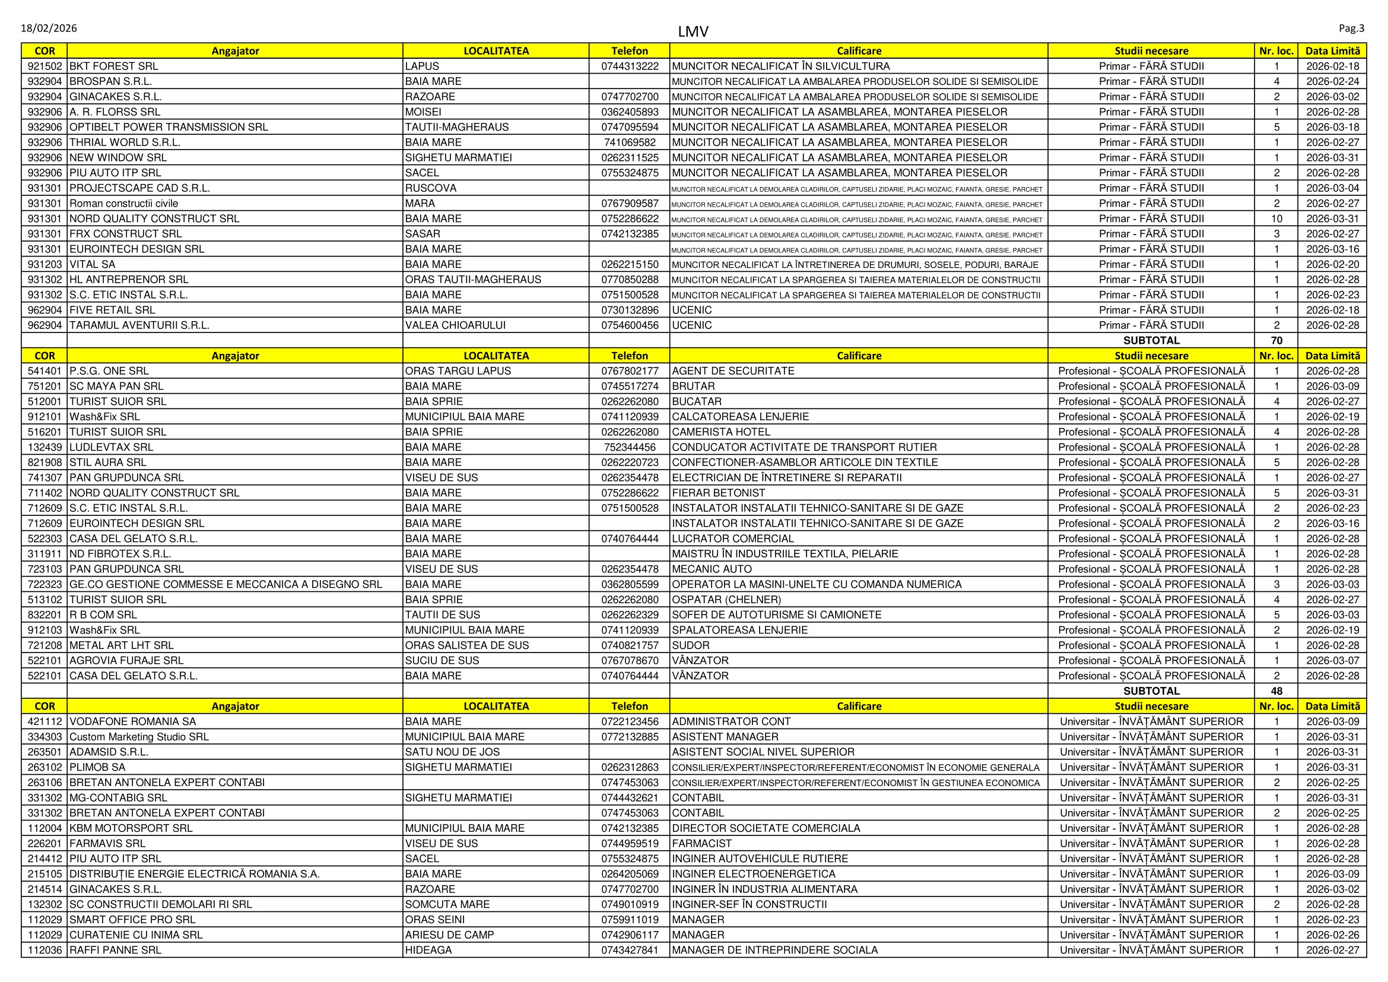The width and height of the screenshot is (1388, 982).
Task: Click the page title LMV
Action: click(x=693, y=31)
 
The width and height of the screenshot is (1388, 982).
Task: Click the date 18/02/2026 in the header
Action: click(x=49, y=28)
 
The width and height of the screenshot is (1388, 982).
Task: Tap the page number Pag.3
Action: click(x=1351, y=28)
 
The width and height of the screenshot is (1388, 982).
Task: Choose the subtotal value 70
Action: click(x=1276, y=340)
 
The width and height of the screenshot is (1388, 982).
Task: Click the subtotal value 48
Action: click(x=1276, y=691)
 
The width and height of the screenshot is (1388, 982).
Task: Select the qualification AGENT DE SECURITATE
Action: click(x=733, y=370)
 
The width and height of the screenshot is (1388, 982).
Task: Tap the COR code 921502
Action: click(x=45, y=66)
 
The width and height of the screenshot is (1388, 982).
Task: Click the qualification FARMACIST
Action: click(x=701, y=844)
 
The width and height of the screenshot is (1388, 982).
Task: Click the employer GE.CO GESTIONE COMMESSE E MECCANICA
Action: click(x=225, y=584)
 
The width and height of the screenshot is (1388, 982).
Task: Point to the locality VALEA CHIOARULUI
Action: click(x=455, y=325)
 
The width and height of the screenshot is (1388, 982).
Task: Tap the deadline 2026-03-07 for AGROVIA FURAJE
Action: click(x=1332, y=660)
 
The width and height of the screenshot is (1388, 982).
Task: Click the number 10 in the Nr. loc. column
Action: click(x=1276, y=219)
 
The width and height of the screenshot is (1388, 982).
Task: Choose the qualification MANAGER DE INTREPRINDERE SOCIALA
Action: click(x=774, y=950)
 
